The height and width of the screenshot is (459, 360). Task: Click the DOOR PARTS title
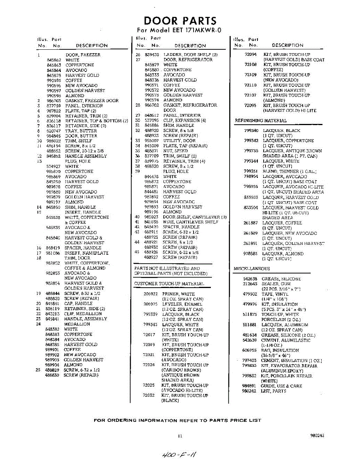[180, 21]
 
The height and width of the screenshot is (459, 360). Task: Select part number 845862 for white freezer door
[54, 60]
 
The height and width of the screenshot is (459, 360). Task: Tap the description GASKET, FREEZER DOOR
[92, 101]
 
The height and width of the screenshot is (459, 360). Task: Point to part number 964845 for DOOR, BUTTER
[54, 136]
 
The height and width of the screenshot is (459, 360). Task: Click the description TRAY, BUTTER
[81, 131]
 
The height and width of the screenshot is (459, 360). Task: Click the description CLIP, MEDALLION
[83, 314]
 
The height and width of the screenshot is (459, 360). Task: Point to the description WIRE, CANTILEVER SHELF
[191, 222]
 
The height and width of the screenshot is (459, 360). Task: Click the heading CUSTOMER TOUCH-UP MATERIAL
[169, 283]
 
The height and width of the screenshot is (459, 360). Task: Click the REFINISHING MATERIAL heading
[261, 120]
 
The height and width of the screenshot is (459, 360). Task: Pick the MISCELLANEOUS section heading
[252, 269]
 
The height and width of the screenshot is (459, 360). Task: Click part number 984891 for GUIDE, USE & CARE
[249, 386]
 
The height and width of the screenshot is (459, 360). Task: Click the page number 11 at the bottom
[180, 436]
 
